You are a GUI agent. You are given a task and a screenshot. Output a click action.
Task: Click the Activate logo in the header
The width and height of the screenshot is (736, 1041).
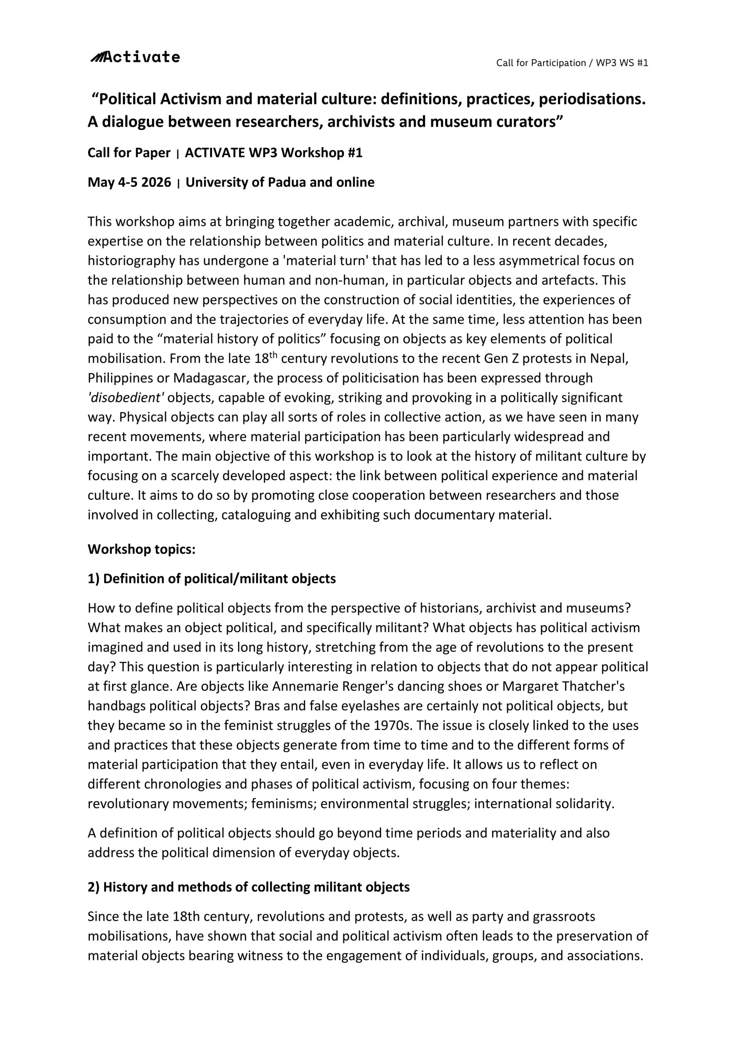click(x=135, y=57)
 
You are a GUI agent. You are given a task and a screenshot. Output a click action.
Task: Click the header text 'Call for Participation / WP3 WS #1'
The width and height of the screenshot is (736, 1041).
click(x=572, y=63)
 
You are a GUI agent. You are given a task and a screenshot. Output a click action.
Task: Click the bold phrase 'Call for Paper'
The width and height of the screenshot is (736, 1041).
click(x=129, y=153)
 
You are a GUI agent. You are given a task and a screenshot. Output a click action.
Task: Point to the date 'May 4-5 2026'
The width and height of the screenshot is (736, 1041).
click(x=129, y=182)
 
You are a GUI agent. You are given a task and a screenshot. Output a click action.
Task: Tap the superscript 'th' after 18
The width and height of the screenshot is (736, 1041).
click(x=272, y=355)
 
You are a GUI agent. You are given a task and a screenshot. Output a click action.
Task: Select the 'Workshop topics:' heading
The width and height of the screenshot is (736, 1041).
click(x=142, y=549)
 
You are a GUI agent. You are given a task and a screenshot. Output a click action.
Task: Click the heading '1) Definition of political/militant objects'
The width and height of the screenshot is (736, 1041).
click(x=211, y=579)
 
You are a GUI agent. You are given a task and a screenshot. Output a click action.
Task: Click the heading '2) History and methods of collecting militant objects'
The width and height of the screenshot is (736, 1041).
click(x=248, y=887)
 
